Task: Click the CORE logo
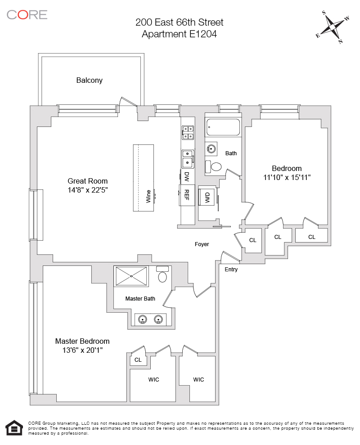27,14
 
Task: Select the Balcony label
89,81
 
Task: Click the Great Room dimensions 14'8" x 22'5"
87,190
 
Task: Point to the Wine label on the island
148,196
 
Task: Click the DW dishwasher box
186,176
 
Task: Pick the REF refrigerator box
186,195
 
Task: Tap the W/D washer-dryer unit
207,197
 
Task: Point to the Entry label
231,270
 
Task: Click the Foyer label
202,244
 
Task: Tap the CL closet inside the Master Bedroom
138,360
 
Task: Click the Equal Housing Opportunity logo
14,428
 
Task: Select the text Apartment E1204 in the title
180,34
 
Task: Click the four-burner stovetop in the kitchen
188,131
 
